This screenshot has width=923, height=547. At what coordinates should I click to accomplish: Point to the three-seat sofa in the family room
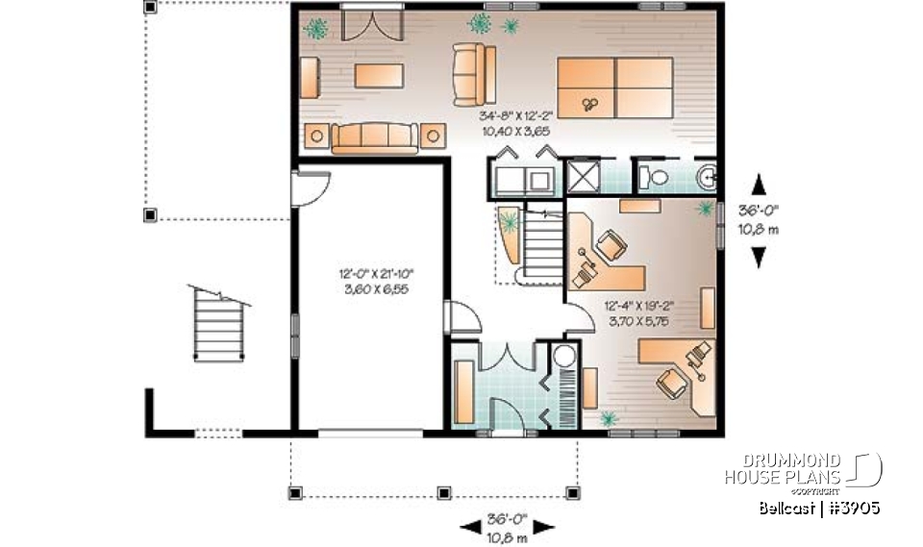coord(375,138)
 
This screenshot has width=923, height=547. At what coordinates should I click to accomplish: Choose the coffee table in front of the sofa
coord(380,75)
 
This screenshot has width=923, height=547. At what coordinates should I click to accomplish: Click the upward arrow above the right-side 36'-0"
coord(759,184)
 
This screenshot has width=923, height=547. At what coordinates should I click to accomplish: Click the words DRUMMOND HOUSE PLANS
coord(783,469)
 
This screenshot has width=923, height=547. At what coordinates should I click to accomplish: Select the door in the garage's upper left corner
coord(311,186)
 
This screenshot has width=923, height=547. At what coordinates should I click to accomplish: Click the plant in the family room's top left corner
coord(316,29)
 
